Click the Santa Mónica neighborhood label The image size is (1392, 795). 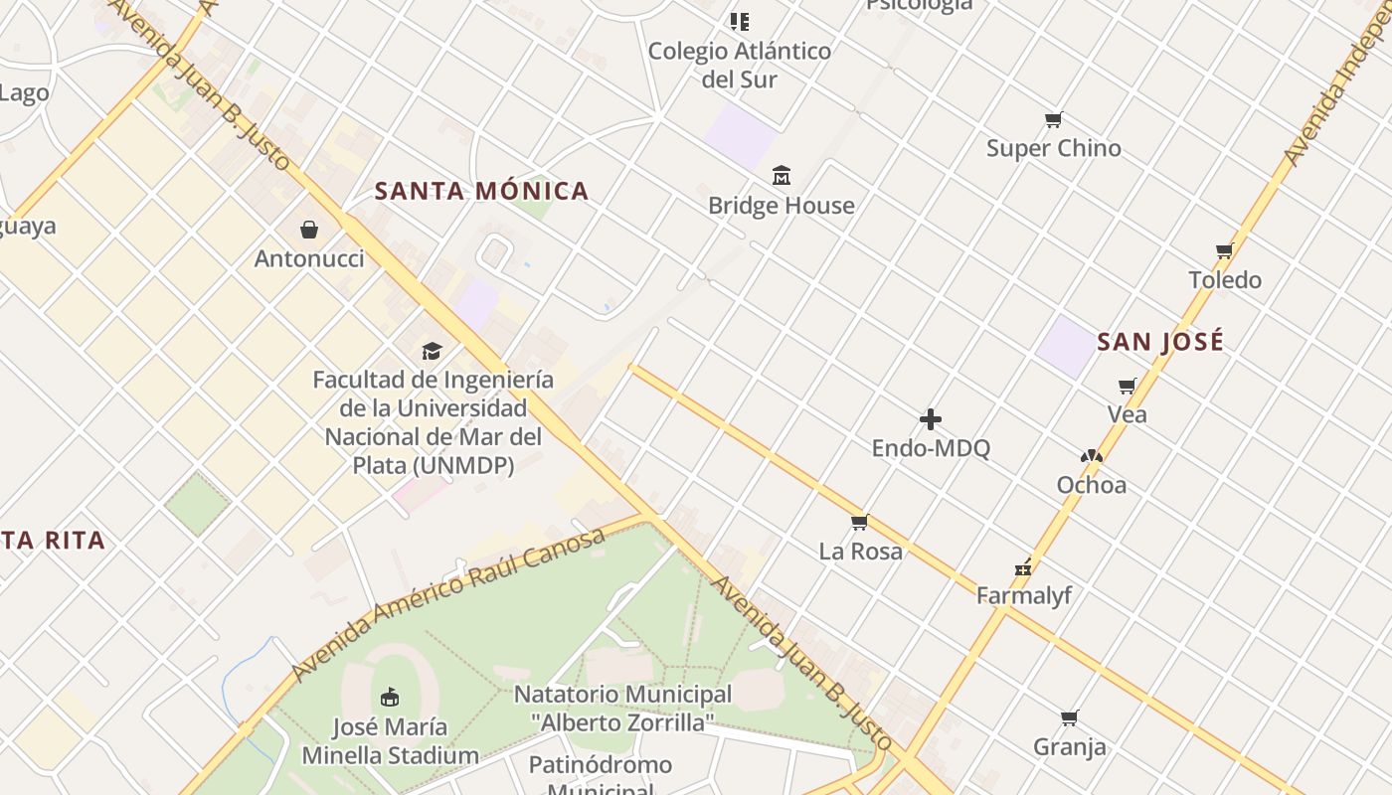click(481, 191)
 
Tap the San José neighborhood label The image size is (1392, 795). click(1160, 342)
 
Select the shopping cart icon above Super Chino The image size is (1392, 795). click(1054, 120)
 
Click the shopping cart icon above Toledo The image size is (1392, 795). click(1225, 250)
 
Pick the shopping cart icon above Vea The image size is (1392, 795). click(1127, 386)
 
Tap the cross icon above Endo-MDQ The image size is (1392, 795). click(931, 419)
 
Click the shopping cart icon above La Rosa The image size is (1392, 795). click(860, 522)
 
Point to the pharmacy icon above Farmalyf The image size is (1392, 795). click(1023, 568)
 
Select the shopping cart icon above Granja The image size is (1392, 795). click(1070, 717)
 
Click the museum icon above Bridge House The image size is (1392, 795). click(782, 176)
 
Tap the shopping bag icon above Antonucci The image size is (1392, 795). click(309, 230)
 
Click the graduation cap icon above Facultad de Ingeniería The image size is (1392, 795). click(432, 351)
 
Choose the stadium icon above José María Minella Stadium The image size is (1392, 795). click(390, 697)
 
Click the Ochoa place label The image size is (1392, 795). click(1092, 485)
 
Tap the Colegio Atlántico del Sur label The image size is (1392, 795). click(739, 65)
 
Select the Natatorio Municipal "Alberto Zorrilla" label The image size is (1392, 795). click(622, 708)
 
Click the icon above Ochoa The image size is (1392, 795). click(1092, 456)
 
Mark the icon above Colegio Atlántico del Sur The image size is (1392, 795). click(739, 21)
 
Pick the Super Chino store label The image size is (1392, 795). click(1054, 148)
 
